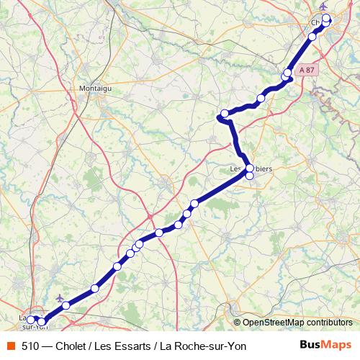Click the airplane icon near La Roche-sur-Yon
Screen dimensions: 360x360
pyautogui.click(x=59, y=297)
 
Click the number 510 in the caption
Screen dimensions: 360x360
pyautogui.click(x=30, y=346)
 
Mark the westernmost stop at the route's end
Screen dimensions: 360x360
pyautogui.click(x=31, y=318)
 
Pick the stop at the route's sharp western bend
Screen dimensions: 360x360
pyautogui.click(x=225, y=113)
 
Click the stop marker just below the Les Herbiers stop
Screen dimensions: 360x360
pyautogui.click(x=250, y=175)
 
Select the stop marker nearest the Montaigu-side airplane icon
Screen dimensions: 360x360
pyautogui.click(x=66, y=305)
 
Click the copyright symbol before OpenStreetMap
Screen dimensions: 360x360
pyautogui.click(x=238, y=323)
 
